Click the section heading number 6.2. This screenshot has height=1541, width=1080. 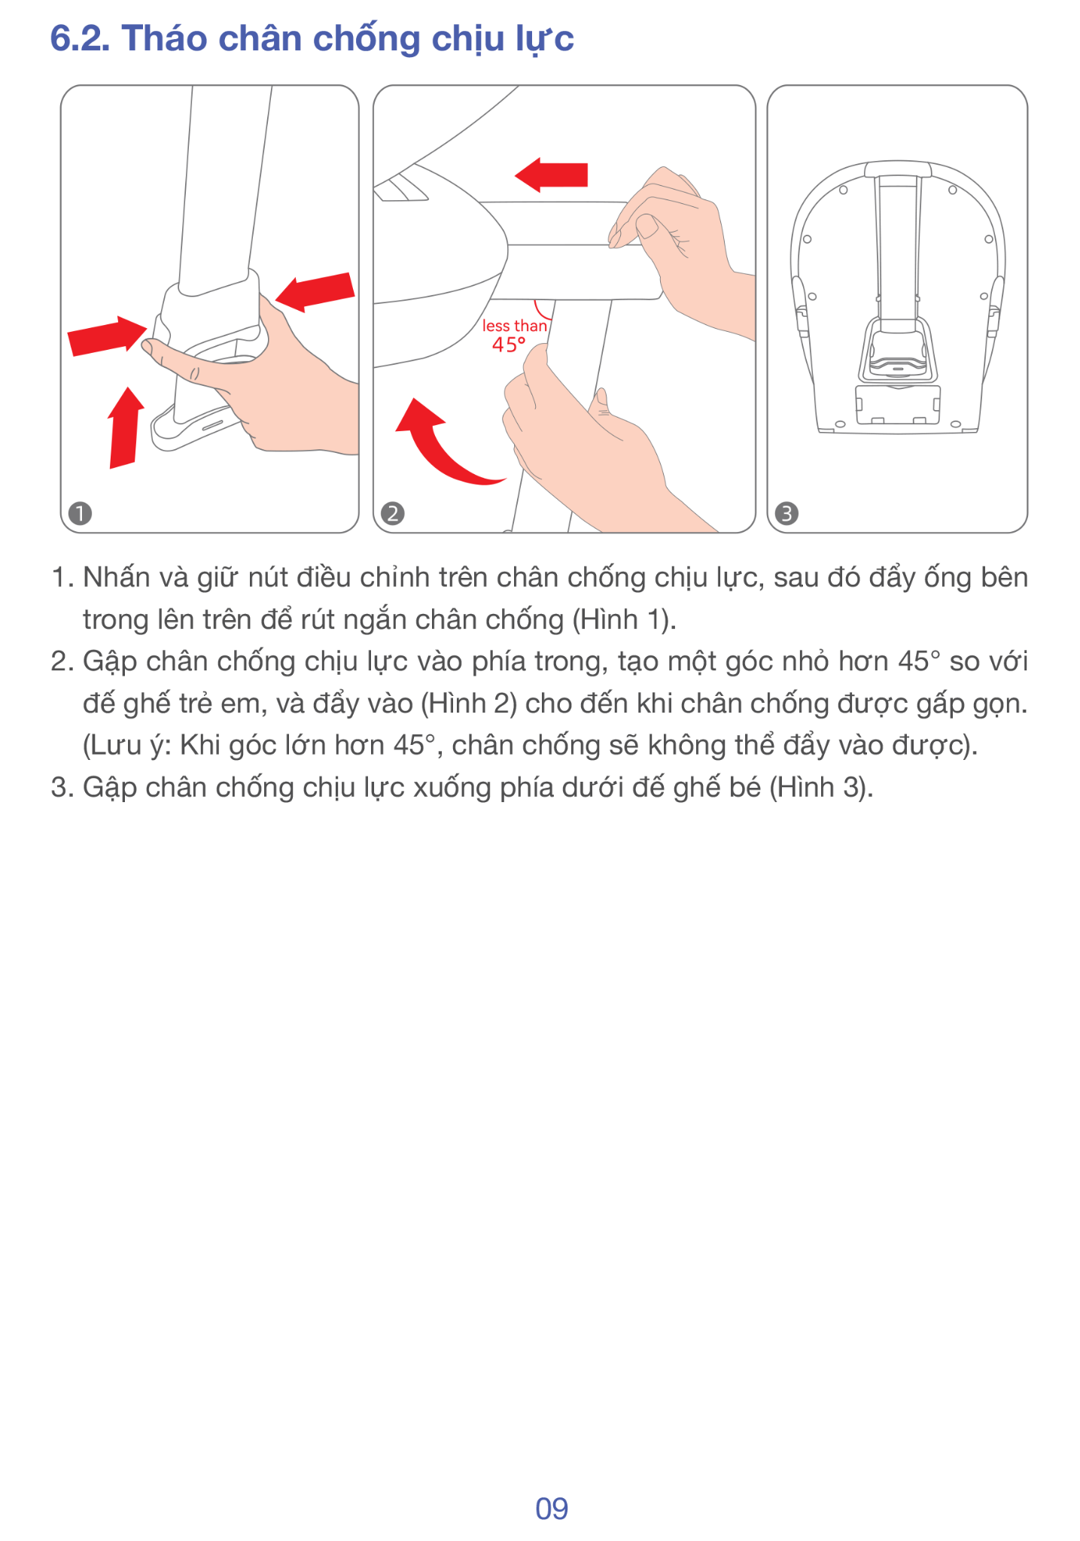80,38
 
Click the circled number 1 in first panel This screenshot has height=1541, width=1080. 80,514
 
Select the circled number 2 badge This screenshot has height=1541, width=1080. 393,514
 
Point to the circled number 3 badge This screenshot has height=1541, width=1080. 786,514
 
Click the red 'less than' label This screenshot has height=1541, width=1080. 515,326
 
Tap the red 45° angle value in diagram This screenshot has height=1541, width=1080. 509,345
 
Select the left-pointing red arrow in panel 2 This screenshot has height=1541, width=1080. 551,175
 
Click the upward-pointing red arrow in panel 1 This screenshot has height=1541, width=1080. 125,427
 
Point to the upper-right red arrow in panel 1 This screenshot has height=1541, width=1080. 315,291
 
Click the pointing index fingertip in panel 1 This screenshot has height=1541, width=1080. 149,347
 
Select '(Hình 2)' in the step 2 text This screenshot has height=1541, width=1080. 469,704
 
